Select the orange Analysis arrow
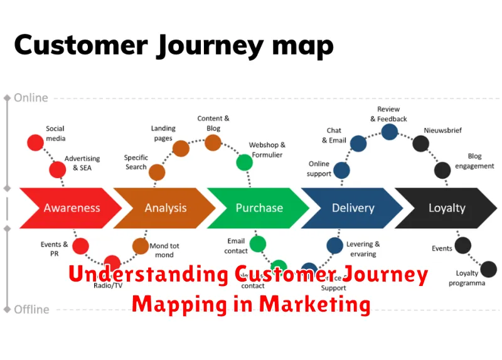tap(165, 208)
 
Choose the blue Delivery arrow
tap(351, 208)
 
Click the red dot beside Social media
tap(35, 142)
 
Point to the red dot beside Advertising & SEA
tap(58, 169)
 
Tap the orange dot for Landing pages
tap(181, 148)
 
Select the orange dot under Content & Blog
tap(213, 142)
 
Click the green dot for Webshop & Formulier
tap(244, 162)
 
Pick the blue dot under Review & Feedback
tap(390, 131)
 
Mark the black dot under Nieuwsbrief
tap(420, 144)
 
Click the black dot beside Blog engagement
tap(442, 169)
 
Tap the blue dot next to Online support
tap(341, 170)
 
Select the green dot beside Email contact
tap(257, 244)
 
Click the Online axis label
tap(31, 98)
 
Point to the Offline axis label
tap(31, 309)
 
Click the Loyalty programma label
tap(466, 278)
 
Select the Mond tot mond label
tap(164, 250)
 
